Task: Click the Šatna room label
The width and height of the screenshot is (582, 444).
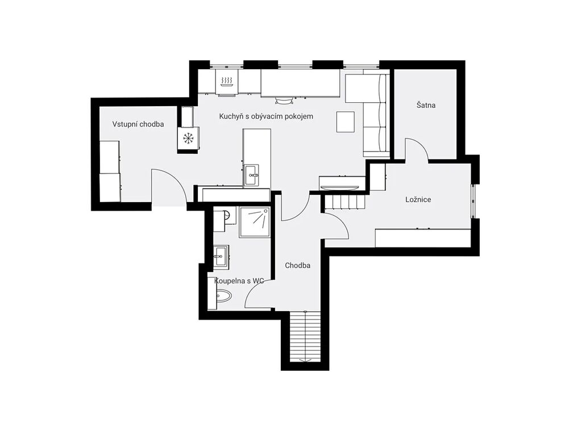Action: (x=426, y=106)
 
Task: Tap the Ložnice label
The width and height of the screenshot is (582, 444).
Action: (x=418, y=199)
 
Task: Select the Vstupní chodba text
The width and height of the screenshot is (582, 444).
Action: (x=138, y=124)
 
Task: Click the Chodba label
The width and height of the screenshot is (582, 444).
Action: (x=297, y=266)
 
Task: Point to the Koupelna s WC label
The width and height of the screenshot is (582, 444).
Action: (x=239, y=281)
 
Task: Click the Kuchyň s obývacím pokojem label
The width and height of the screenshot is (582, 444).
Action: (x=266, y=116)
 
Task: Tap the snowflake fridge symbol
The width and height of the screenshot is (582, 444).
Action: (x=189, y=139)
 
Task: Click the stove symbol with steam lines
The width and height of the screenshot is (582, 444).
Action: (x=227, y=81)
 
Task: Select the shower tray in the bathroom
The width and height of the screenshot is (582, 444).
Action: (x=255, y=222)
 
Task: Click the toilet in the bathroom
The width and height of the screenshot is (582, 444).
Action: (x=223, y=296)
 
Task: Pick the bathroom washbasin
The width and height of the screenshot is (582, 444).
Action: (x=221, y=256)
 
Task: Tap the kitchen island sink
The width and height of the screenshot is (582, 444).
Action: (x=252, y=175)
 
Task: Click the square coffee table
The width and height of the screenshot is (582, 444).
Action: (x=346, y=122)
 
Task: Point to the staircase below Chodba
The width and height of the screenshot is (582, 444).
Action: (x=305, y=337)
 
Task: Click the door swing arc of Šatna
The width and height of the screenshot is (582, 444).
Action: (x=417, y=149)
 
